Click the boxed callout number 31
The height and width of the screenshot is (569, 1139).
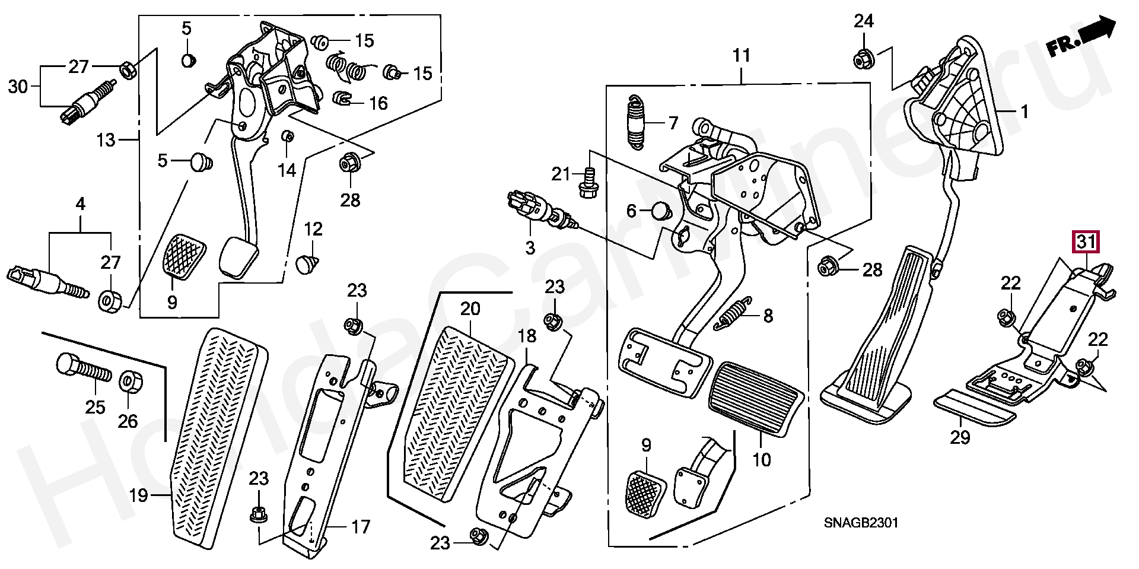[1086, 242]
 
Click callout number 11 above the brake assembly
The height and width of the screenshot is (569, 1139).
[742, 56]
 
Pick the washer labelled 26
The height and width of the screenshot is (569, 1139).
[130, 382]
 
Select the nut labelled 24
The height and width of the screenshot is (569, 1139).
[863, 59]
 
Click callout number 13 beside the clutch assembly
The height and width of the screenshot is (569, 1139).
[106, 140]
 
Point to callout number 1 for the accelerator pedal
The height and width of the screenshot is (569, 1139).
[1025, 112]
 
